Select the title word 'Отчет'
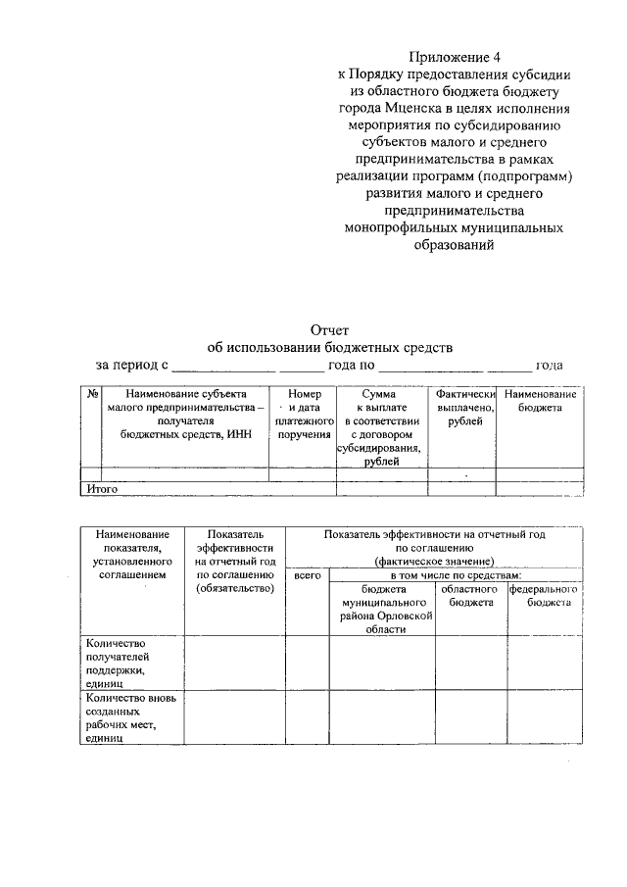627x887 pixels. (329, 330)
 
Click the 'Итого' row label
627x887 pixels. (103, 487)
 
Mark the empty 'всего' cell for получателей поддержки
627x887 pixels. (307, 663)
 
